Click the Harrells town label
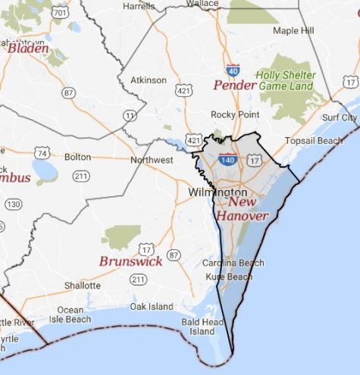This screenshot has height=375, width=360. coord(138,6)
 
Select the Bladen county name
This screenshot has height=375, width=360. coord(28,48)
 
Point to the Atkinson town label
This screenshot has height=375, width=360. coord(148,79)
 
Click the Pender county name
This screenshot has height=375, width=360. coord(235,84)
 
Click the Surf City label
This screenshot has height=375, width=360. coord(339,117)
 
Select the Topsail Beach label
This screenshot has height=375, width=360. coord(313,141)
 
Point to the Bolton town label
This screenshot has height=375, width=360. coord(77,157)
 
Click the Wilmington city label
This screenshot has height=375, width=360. coord(216,192)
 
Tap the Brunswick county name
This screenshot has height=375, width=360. coord(130,261)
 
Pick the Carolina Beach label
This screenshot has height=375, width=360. coord(233,263)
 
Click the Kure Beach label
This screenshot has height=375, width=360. coord(229,277)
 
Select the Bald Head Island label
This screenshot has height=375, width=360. coord(202,327)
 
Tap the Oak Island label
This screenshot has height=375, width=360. coord(151,306)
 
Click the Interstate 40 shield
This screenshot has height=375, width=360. coord(233,69)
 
